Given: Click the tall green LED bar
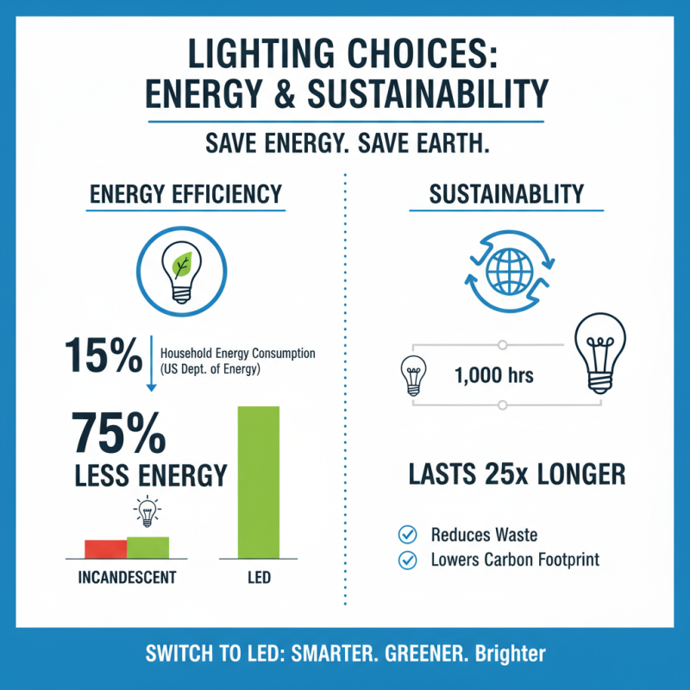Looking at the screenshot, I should click(258, 482).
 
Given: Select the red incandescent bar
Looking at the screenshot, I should click(105, 549).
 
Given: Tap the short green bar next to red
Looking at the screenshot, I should click(147, 548).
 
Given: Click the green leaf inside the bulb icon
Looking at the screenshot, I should click(182, 265).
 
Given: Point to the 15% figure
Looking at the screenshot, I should click(101, 355).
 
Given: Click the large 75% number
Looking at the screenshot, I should click(118, 433).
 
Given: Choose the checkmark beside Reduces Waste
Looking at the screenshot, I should click(407, 535).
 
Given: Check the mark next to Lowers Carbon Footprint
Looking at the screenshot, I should click(407, 561).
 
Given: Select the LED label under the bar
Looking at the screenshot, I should click(259, 578).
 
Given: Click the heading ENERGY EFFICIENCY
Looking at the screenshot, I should click(185, 194).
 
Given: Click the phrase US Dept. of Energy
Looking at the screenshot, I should click(210, 369).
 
